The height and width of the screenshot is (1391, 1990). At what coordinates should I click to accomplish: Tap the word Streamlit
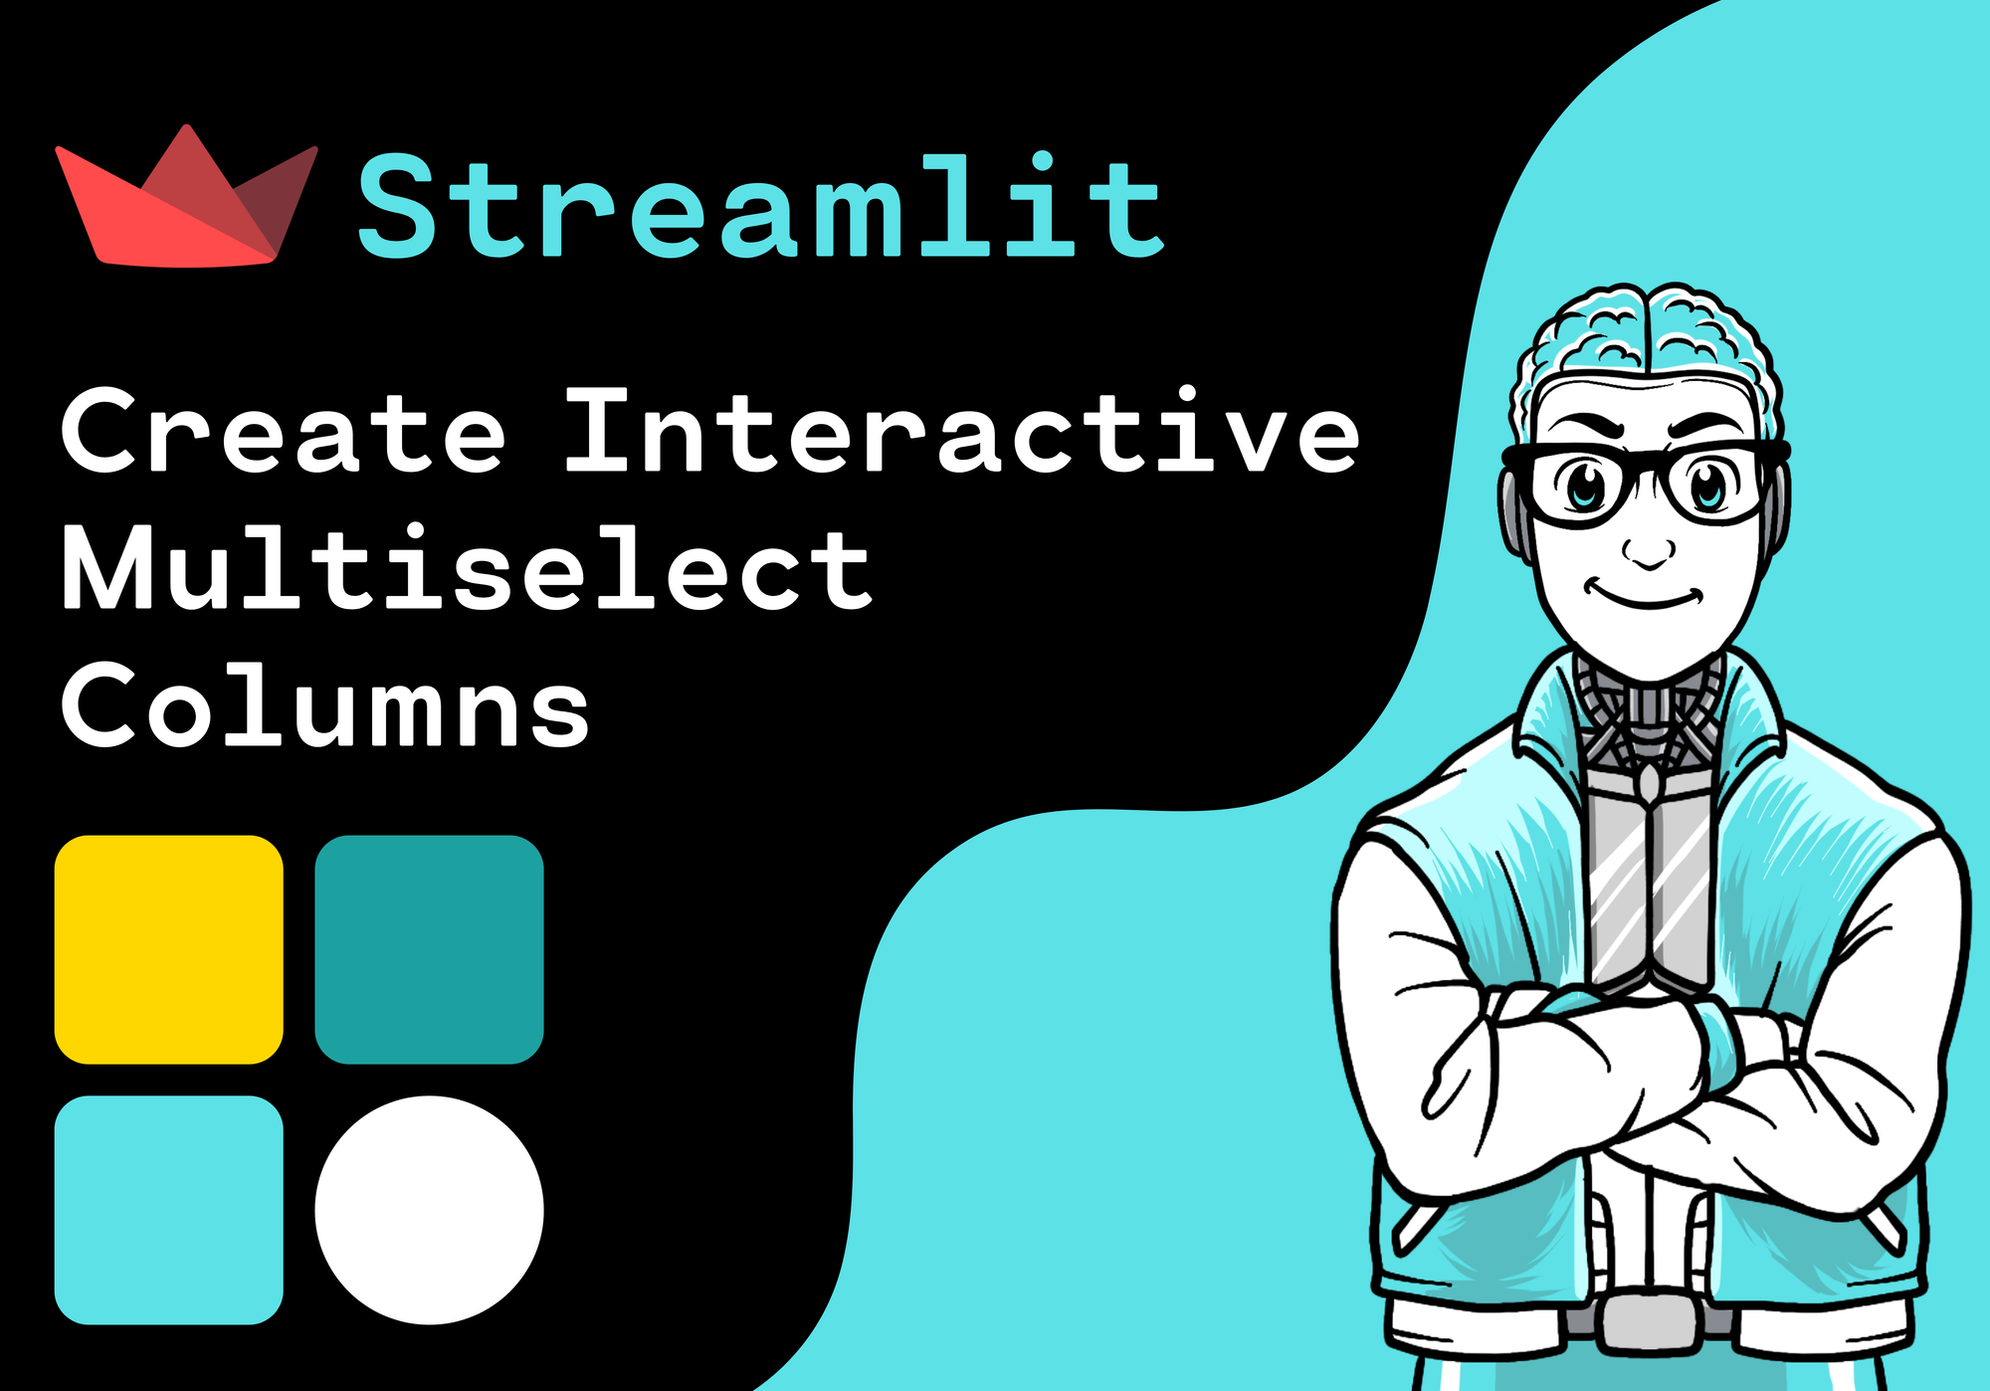tap(760, 207)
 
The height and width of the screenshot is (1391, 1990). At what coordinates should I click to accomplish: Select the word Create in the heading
tap(284, 432)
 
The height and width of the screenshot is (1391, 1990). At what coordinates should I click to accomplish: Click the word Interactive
tap(961, 432)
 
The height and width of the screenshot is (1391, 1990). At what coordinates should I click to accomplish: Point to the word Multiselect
tap(466, 568)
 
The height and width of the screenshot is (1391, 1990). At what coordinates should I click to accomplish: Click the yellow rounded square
tap(168, 949)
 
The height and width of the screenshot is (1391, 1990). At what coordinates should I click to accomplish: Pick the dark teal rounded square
tap(429, 949)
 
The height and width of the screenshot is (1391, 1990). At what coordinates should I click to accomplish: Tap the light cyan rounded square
tap(168, 1210)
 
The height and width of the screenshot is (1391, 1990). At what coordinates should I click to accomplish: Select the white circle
tap(429, 1210)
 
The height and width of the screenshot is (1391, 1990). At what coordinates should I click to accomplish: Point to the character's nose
tap(1648, 549)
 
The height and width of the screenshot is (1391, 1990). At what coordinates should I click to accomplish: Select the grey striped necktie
tap(1648, 886)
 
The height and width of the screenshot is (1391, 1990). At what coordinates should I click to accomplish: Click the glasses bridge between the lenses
tap(1648, 468)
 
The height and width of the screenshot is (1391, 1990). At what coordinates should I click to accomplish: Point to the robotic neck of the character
tap(1648, 706)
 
